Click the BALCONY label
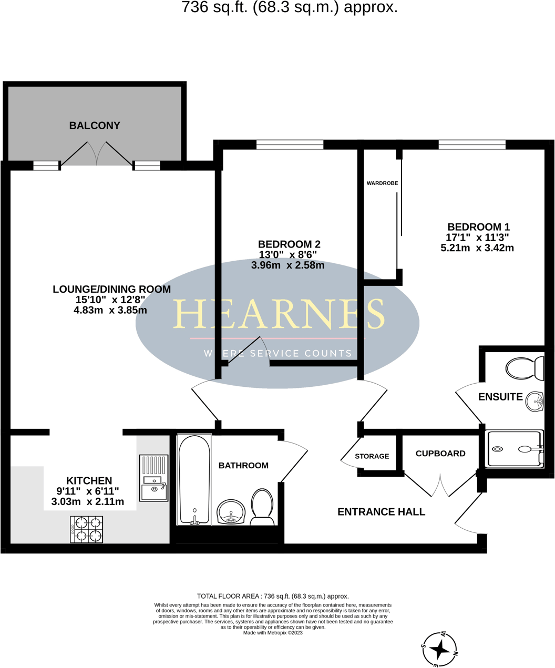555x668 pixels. coord(95,126)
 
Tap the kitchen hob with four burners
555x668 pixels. coord(87,529)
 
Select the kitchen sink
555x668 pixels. coord(154,478)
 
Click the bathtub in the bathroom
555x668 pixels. coord(194,479)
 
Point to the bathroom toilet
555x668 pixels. coord(262,507)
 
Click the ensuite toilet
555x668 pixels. coord(525,368)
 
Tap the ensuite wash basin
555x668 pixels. coord(535,402)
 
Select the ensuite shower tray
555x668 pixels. coord(515,449)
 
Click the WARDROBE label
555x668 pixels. coord(382,183)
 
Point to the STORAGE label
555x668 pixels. coord(372,456)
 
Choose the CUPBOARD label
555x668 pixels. coord(440,454)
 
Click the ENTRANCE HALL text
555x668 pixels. coord(381,512)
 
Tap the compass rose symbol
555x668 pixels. coord(440,650)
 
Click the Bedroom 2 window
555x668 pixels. coord(290,145)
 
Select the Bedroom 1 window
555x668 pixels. coord(472,145)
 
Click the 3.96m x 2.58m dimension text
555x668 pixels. coord(287,265)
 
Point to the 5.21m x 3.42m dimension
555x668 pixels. coord(477,248)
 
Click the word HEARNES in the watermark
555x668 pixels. coord(279,314)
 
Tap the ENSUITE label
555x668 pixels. coord(500,397)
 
